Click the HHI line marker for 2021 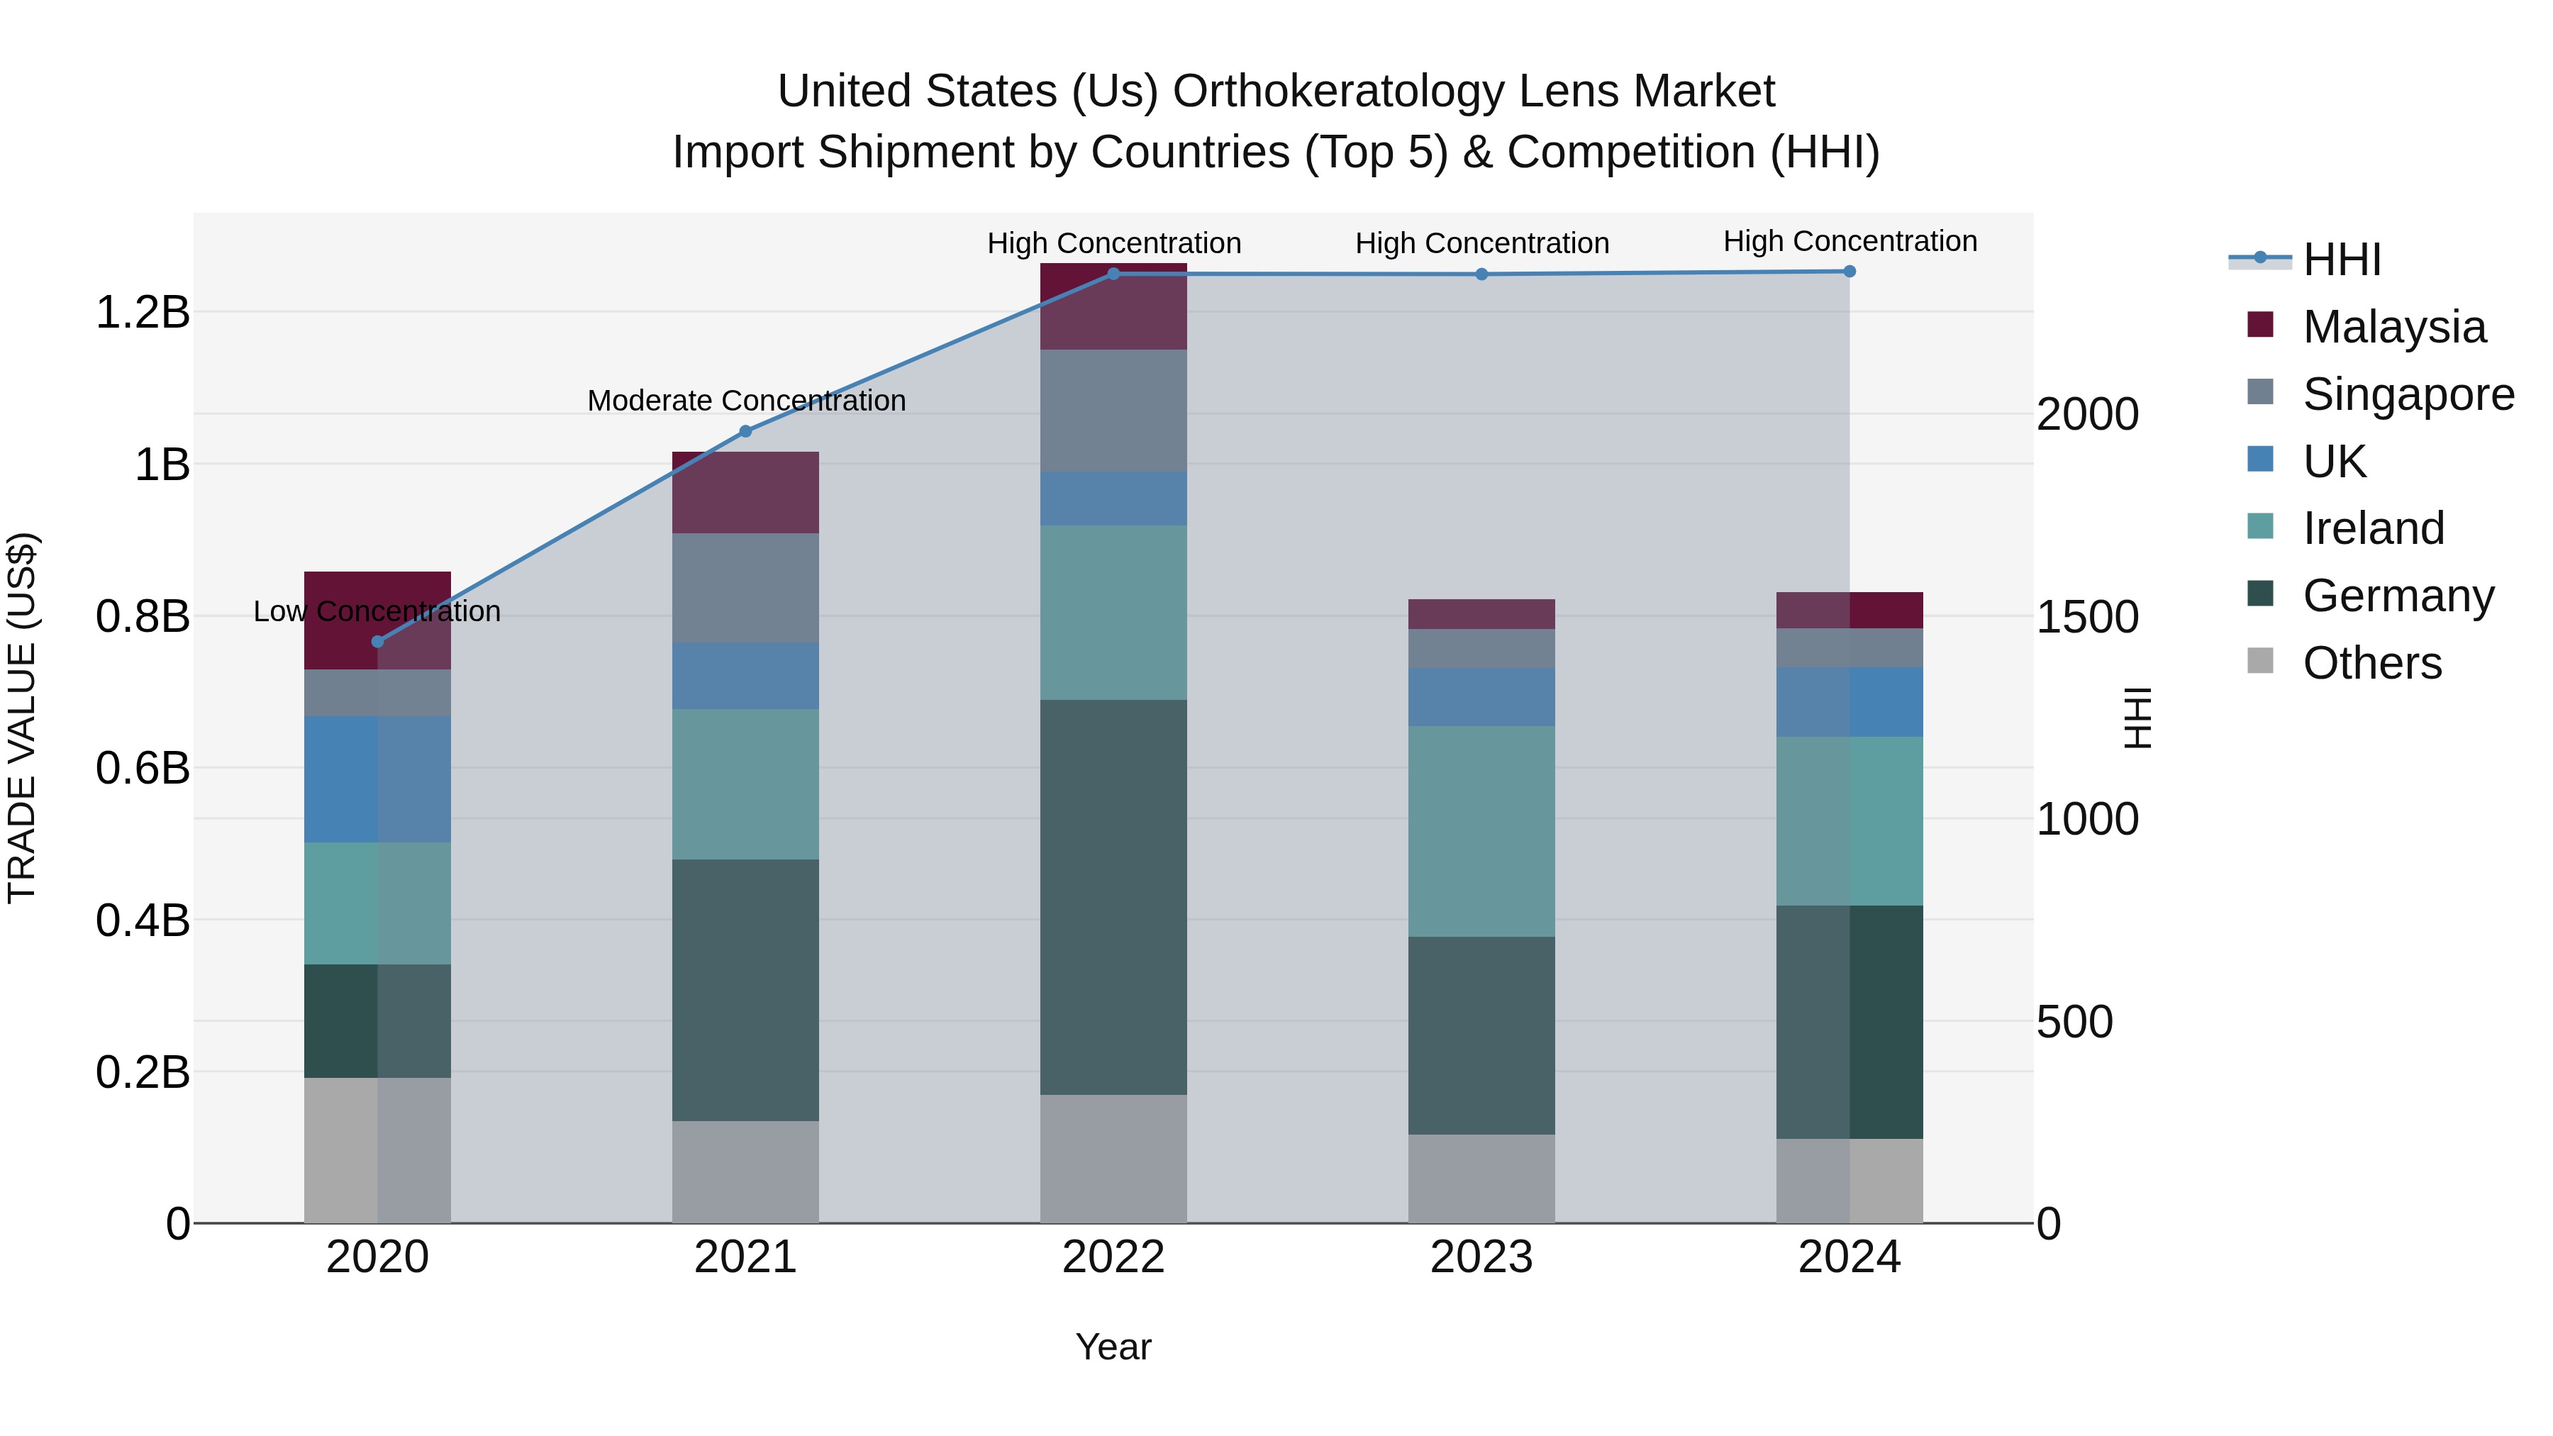coord(746,431)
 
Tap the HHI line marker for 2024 coord(1850,272)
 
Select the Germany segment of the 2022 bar coord(1113,897)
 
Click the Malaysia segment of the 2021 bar coord(745,493)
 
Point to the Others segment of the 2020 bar coord(377,1150)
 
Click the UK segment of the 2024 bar coord(1850,701)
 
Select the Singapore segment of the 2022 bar coord(1113,411)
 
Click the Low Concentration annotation coord(377,611)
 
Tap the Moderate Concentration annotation coord(746,401)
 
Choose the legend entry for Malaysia coord(2393,327)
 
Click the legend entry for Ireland coord(2373,528)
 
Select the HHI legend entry coord(2341,260)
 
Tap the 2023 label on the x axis coord(1481,1257)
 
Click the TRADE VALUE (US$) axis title coord(22,718)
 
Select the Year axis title coord(1113,1347)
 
